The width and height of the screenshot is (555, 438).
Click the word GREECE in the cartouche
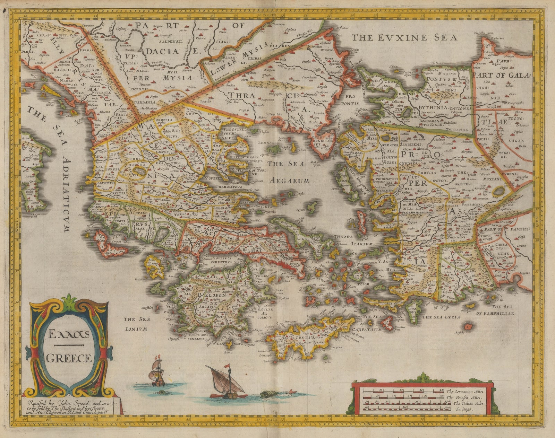tap(69, 358)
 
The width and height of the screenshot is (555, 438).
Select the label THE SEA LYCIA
tap(441, 317)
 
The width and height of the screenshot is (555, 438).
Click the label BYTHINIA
tap(434, 108)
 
